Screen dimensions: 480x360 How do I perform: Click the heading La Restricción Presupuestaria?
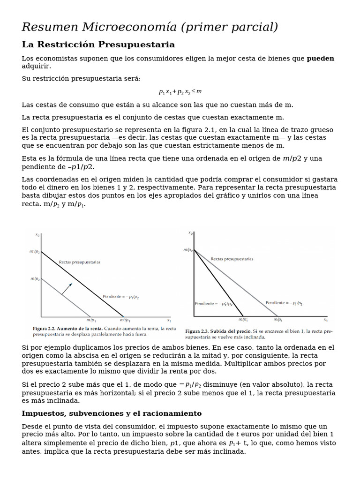[98, 45]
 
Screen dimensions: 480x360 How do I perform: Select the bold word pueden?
[320, 59]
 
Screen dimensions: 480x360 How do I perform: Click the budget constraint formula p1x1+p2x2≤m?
[180, 91]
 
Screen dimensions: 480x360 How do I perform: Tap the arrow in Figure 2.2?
[67, 288]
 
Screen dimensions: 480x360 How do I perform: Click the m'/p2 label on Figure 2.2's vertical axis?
[35, 252]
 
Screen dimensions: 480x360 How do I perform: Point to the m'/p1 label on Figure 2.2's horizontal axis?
[125, 320]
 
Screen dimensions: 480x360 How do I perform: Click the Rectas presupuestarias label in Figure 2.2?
[79, 262]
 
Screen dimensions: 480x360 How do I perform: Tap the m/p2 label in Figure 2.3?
[187, 250]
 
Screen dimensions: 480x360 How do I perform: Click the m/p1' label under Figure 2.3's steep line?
[243, 320]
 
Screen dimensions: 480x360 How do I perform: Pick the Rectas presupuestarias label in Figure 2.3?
[232, 259]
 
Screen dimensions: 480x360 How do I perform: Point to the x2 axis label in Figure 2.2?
[37, 234]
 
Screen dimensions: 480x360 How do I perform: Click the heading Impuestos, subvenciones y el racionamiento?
[112, 413]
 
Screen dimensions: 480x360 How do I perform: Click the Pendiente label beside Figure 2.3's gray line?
[284, 303]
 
